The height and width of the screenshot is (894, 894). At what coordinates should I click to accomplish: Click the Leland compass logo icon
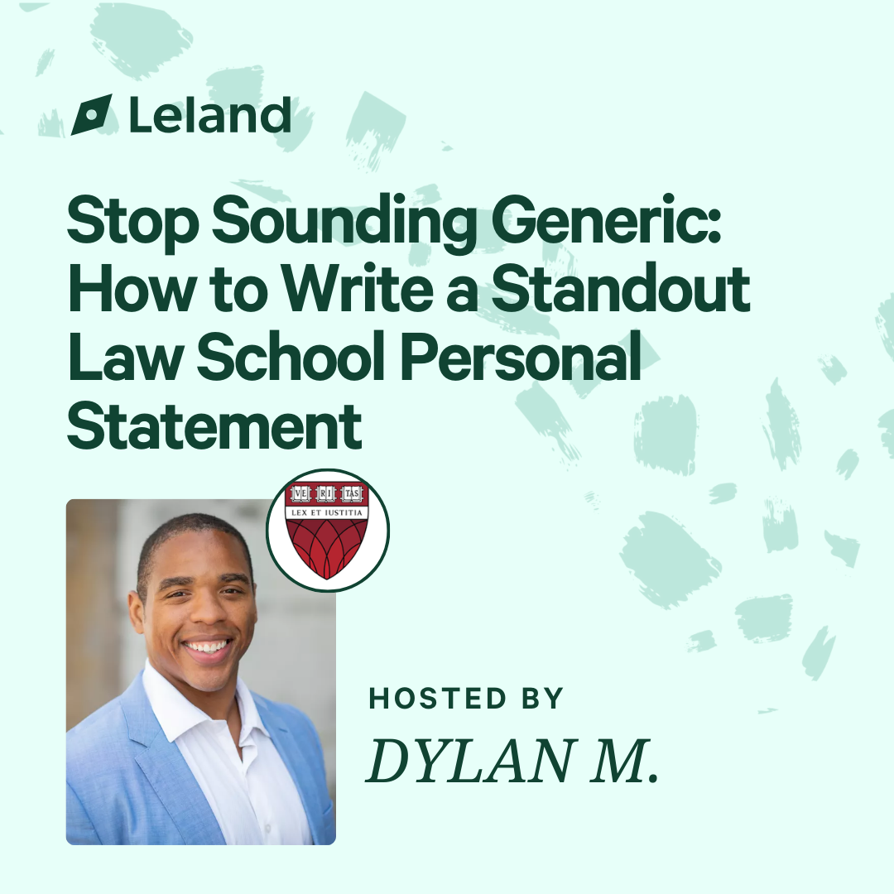[x=91, y=114]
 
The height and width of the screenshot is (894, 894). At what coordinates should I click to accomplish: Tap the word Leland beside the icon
[x=210, y=114]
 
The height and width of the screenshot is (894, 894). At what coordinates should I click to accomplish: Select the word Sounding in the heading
[x=344, y=221]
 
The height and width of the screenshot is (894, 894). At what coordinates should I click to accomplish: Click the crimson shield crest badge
[x=327, y=531]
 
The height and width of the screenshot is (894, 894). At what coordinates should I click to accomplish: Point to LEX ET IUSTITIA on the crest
[x=327, y=512]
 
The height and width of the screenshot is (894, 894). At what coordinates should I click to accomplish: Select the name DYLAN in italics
[x=470, y=761]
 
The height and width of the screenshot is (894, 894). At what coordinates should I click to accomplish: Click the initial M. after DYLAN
[x=624, y=761]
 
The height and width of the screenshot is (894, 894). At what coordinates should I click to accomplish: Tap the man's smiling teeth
[x=207, y=647]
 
